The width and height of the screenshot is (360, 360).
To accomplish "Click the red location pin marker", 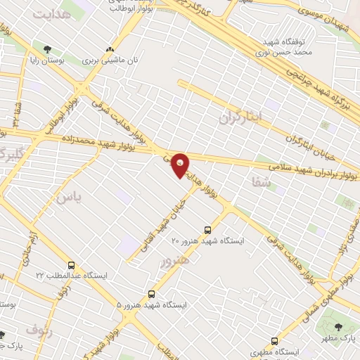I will click(181, 165).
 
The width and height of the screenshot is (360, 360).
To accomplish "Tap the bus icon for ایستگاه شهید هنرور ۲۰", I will click(207, 230).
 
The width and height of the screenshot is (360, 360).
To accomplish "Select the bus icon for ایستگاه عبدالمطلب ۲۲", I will click(72, 265).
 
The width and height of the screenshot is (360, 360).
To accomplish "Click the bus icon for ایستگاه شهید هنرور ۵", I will click(151, 294).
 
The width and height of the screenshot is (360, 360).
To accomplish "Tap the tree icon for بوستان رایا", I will click(47, 50).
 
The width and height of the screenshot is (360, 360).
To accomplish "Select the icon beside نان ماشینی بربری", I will click(109, 50).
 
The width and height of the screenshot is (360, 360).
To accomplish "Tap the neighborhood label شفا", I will click(251, 182).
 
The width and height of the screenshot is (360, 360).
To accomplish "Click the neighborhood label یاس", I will click(69, 198).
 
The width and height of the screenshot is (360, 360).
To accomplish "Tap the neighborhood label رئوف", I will click(39, 328).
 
